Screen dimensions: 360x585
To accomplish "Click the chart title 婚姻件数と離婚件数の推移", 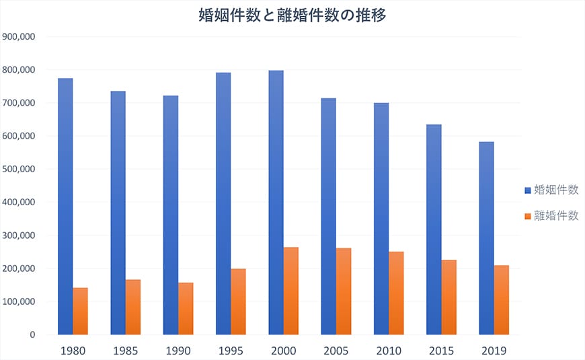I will pyautogui.click(x=292, y=15).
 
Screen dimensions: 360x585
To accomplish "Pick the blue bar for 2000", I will pyautogui.click(x=276, y=202).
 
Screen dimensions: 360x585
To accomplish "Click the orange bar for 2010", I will pyautogui.click(x=396, y=293).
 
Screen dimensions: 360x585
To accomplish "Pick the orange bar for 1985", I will pyautogui.click(x=133, y=307).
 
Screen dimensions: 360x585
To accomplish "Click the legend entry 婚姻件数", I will pyautogui.click(x=555, y=190).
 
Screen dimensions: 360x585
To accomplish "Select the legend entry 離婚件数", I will pyautogui.click(x=555, y=216).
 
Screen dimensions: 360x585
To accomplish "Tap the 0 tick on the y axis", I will pyautogui.click(x=32, y=334).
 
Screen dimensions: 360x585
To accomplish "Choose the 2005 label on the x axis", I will pyautogui.click(x=336, y=351).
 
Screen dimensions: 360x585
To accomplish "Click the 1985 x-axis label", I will pyautogui.click(x=126, y=351).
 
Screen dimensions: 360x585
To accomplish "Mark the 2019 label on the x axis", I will pyautogui.click(x=494, y=351).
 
